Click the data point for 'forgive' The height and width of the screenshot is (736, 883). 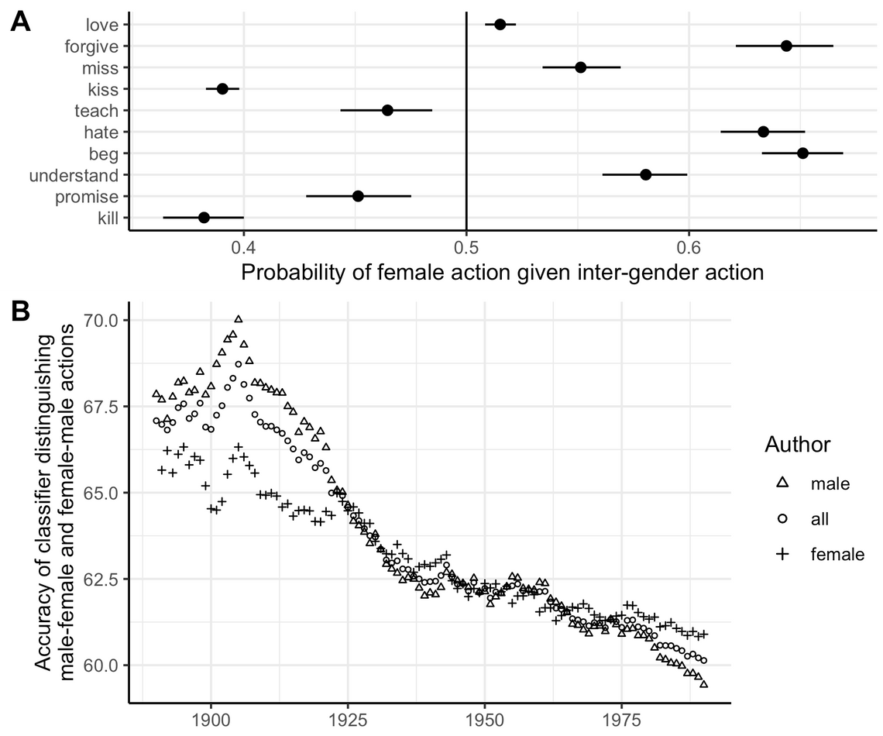coord(786,46)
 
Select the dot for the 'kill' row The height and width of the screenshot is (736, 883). coord(204,218)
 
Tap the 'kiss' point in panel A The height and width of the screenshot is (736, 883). coord(222,89)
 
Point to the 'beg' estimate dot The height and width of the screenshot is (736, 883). coord(802,153)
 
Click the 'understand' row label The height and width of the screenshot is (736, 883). coord(74,175)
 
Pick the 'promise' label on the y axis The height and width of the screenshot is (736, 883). coord(87,197)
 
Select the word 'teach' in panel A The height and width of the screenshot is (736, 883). coord(96,111)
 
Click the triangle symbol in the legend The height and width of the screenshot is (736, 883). coord(782,483)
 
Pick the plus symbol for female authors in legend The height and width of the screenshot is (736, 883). coord(782,554)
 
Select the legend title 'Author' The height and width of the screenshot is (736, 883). coord(797,445)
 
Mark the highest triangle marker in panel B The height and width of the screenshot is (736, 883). coord(239,319)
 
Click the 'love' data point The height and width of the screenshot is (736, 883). coord(500,25)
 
